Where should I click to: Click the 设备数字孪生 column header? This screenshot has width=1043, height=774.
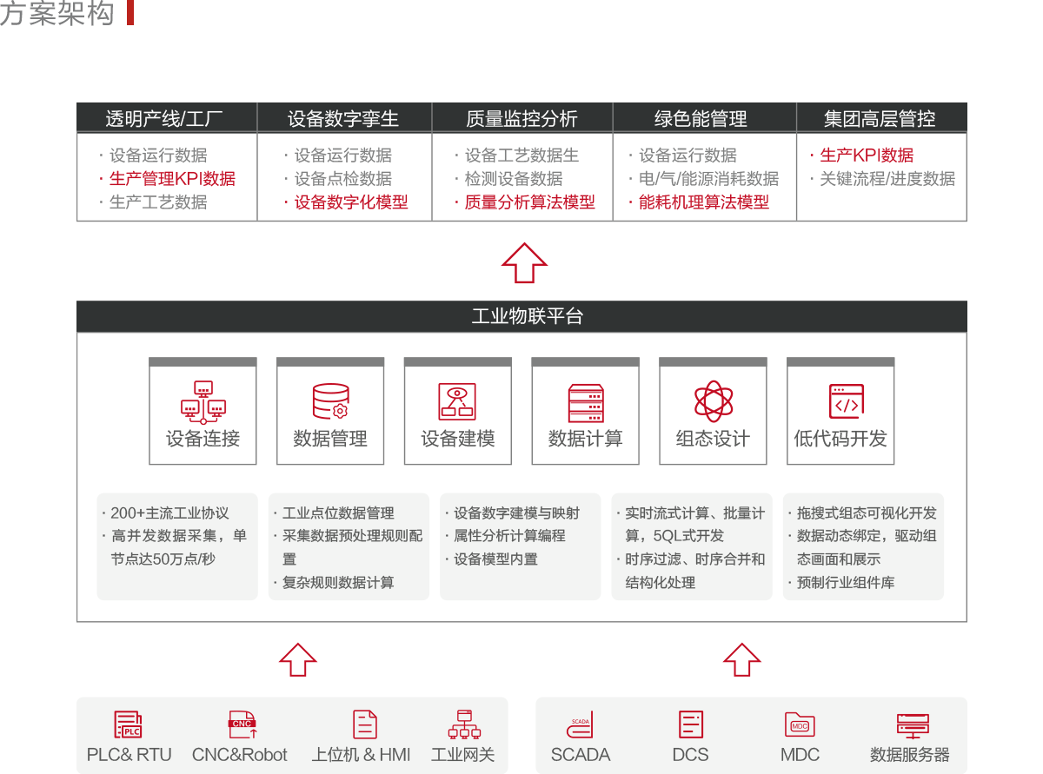(343, 118)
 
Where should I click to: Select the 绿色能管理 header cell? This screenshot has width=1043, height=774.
(701, 118)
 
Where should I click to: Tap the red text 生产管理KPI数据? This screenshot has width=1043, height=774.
(172, 179)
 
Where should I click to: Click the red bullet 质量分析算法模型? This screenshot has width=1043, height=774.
(529, 202)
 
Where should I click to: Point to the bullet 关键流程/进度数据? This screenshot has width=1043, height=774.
(887, 179)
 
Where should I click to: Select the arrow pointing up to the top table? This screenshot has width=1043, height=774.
(524, 261)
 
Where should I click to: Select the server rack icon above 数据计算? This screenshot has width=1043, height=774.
(585, 401)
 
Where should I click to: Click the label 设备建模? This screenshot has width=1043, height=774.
(457, 439)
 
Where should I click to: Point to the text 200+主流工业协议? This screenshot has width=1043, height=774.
(169, 513)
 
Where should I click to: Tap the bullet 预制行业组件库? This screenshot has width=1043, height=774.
(845, 583)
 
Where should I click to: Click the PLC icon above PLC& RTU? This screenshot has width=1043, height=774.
(129, 724)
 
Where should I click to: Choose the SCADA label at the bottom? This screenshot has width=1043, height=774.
(581, 755)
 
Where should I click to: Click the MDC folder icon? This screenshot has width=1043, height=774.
(800, 724)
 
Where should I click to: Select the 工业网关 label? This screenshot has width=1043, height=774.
(463, 755)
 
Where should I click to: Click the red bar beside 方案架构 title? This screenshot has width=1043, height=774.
(130, 13)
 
